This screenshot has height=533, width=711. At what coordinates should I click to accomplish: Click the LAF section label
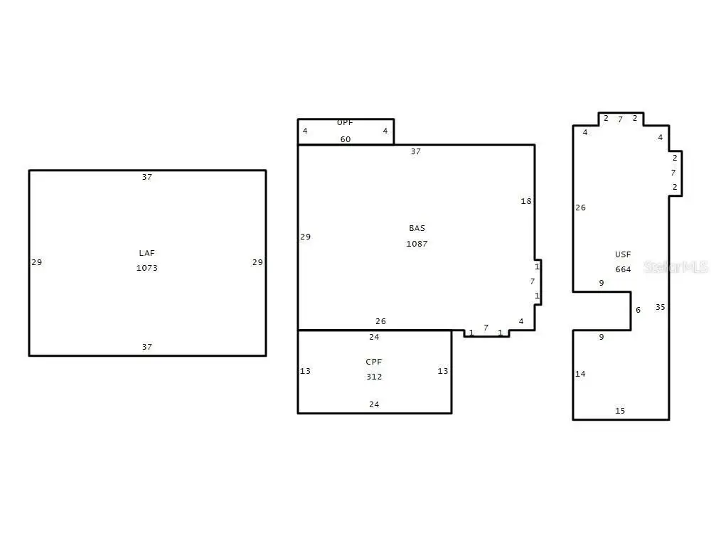[x=147, y=253]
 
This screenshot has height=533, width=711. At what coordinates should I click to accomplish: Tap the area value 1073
[x=147, y=268]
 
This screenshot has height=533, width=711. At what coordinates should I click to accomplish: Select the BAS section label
[x=417, y=228]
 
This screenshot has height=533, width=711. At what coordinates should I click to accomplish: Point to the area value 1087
[x=417, y=244]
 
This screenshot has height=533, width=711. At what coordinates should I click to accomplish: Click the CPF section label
[x=374, y=362]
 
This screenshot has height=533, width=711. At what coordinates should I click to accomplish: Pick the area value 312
[x=374, y=377]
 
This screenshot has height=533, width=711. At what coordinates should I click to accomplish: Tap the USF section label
[x=623, y=254]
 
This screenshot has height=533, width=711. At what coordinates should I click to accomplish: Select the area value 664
[x=623, y=269]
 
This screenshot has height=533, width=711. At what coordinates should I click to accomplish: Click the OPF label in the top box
[x=345, y=122]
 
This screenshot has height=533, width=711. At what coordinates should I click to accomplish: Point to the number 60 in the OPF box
[x=346, y=139]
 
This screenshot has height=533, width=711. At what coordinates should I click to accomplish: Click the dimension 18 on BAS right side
[x=526, y=201]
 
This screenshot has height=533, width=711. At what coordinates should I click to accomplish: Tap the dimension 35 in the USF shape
[x=661, y=307]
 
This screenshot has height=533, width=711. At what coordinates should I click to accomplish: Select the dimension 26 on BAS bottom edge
[x=380, y=321]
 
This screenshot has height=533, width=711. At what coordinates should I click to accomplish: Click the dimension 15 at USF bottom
[x=620, y=411]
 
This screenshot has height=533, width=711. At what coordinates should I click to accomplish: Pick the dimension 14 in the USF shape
[x=580, y=374]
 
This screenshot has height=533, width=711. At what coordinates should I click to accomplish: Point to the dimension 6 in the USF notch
[x=638, y=310]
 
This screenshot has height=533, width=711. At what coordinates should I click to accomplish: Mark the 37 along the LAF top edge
[x=147, y=177]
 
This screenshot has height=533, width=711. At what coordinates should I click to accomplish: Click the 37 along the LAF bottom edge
[x=147, y=347]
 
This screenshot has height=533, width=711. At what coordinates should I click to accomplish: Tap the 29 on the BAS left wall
[x=305, y=237]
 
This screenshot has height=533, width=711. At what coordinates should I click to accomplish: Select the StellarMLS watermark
[x=675, y=267]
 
